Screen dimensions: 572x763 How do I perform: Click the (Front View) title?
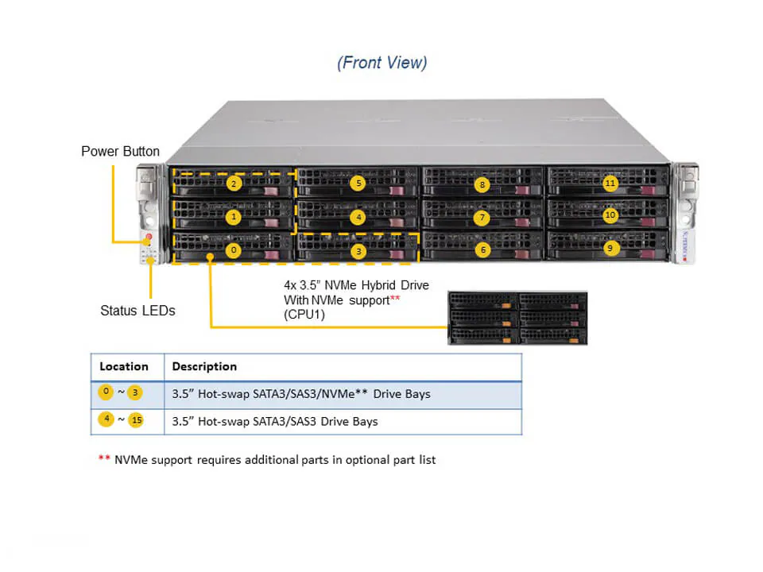(382, 63)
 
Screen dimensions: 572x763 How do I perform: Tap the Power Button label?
(120, 151)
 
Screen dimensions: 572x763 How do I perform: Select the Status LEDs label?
(137, 311)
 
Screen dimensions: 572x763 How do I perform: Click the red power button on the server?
(148, 238)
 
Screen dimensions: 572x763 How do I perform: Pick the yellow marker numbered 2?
(234, 184)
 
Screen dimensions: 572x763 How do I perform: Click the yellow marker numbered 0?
(234, 249)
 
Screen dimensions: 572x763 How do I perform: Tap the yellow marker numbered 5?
(358, 184)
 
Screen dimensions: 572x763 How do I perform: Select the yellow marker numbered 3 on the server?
(358, 250)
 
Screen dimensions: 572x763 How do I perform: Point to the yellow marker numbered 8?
(482, 184)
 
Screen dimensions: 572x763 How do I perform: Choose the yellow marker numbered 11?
(610, 184)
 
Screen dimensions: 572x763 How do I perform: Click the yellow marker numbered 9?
(610, 248)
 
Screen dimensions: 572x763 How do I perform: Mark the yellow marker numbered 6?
(482, 249)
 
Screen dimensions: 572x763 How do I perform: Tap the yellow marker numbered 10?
(610, 215)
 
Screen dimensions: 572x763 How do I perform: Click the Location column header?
(124, 366)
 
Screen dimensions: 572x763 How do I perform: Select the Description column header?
(204, 366)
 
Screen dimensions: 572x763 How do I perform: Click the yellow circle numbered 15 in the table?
(135, 420)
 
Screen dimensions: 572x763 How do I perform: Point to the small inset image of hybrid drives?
(517, 318)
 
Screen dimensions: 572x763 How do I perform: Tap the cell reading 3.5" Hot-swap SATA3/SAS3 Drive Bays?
(275, 421)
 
